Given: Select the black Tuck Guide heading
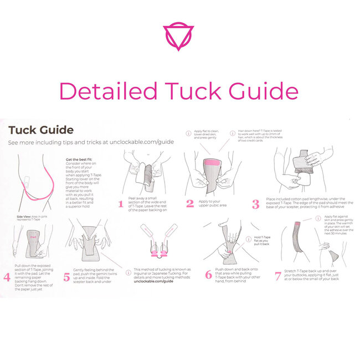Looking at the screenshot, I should [41, 130].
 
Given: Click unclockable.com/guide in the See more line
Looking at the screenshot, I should [142, 142].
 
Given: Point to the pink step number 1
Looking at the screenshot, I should [120, 204].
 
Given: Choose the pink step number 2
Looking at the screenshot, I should [190, 203].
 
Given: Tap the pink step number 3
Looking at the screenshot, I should [255, 204].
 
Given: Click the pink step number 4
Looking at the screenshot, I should [7, 276].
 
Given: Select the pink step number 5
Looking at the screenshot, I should [66, 276].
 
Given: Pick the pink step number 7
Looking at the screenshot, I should [278, 276].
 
